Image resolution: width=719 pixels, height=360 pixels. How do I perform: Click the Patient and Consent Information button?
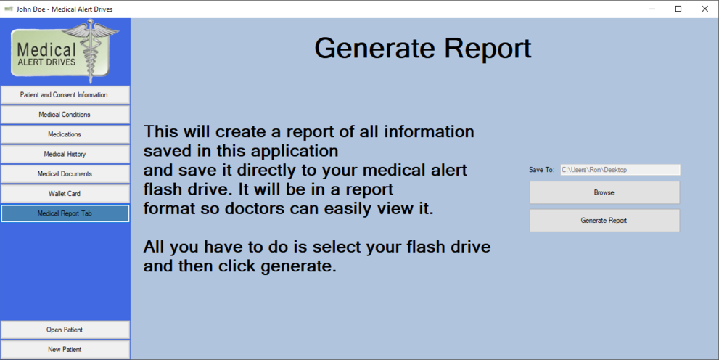tap(65, 95)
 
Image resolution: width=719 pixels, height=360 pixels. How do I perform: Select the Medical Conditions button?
tap(65, 115)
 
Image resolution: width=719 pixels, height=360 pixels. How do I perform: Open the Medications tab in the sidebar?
tap(65, 134)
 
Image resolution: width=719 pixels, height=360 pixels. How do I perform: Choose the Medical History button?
tap(65, 154)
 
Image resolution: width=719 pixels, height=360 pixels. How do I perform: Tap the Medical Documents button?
tap(65, 173)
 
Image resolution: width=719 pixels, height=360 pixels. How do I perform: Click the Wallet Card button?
tap(65, 194)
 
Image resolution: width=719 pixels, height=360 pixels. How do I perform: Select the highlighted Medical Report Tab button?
tap(65, 213)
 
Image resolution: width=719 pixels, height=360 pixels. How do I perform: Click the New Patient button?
tap(65, 349)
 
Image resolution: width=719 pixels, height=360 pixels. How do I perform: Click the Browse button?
tap(604, 192)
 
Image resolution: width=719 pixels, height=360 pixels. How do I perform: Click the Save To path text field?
tap(620, 170)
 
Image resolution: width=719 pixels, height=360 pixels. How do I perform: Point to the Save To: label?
tap(541, 170)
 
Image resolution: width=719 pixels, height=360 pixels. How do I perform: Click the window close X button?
tap(704, 9)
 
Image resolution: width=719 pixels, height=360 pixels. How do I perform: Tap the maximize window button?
tap(678, 9)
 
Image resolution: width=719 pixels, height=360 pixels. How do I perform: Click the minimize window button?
tap(652, 9)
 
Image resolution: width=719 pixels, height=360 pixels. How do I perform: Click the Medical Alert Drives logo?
tap(65, 52)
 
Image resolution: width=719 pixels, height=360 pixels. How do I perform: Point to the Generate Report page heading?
tap(423, 48)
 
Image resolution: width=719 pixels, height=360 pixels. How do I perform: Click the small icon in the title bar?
tap(8, 9)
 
